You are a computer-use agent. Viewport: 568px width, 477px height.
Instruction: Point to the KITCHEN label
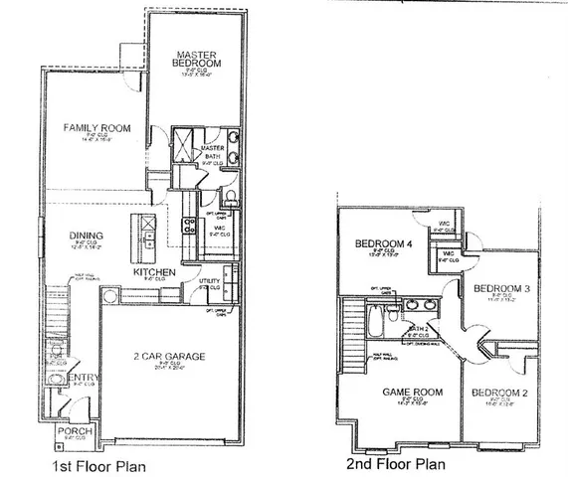pos(154,271)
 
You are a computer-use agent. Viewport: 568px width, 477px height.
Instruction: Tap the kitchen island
pos(150,233)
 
